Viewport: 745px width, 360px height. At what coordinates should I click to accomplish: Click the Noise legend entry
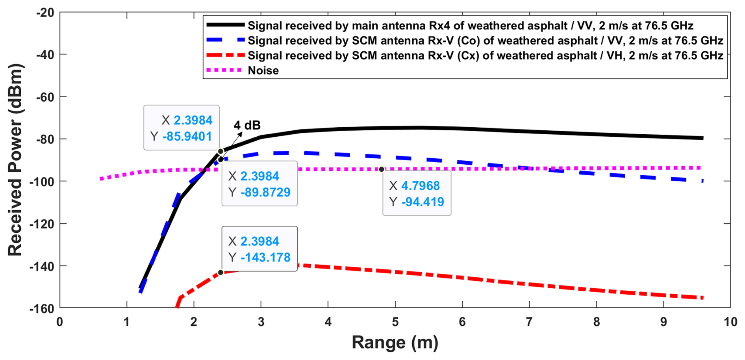click(x=263, y=71)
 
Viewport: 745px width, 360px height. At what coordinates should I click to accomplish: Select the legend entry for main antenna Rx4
click(x=470, y=26)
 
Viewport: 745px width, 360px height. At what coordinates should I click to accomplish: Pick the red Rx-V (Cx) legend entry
click(x=485, y=56)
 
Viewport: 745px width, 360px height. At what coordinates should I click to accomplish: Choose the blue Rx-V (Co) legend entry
click(x=485, y=41)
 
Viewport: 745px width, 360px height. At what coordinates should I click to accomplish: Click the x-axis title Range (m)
click(x=395, y=342)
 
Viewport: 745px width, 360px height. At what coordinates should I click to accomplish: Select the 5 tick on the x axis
click(x=395, y=322)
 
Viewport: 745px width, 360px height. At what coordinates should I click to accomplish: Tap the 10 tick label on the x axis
click(x=730, y=322)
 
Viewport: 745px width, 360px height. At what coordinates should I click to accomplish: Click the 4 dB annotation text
click(x=247, y=125)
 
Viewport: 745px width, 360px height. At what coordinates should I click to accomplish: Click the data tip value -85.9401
click(x=187, y=136)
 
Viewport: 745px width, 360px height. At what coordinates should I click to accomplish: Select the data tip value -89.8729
click(x=265, y=192)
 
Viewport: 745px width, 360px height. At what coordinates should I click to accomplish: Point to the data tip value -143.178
click(x=265, y=258)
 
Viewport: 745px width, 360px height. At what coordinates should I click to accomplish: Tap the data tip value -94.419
click(x=423, y=202)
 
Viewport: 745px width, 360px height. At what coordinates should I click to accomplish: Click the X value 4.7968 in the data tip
click(x=420, y=186)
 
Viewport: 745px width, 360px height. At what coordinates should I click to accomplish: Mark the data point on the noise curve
click(x=382, y=169)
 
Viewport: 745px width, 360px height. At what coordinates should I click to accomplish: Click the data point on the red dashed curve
click(x=221, y=273)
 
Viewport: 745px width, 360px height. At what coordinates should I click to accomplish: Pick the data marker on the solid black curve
click(x=221, y=151)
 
